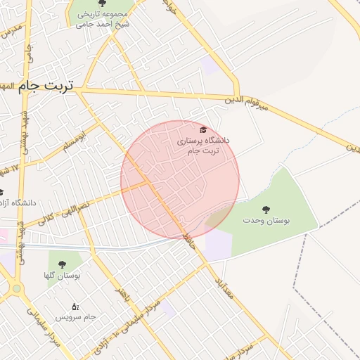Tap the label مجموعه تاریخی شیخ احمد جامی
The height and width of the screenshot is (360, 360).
[103, 18]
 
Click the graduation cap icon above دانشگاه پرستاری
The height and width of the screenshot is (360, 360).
[203, 130]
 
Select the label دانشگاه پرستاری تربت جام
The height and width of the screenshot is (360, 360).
[203, 146]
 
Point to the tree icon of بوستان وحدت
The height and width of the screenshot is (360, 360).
[266, 209]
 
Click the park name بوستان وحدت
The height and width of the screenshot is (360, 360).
[266, 221]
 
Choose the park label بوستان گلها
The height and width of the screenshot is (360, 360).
[62, 276]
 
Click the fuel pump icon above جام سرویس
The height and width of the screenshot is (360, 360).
[75, 307]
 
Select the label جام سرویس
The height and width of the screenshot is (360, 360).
[75, 319]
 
